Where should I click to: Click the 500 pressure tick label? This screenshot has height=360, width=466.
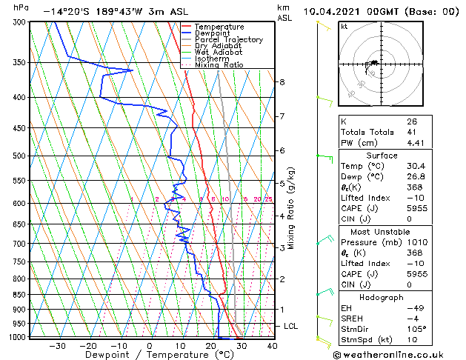pyautogui.click(x=16, y=156)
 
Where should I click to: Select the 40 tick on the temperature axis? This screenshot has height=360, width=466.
pyautogui.click(x=272, y=345)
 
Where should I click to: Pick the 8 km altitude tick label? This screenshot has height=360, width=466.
pyautogui.click(x=282, y=81)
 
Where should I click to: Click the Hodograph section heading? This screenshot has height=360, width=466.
pyautogui.click(x=382, y=297)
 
